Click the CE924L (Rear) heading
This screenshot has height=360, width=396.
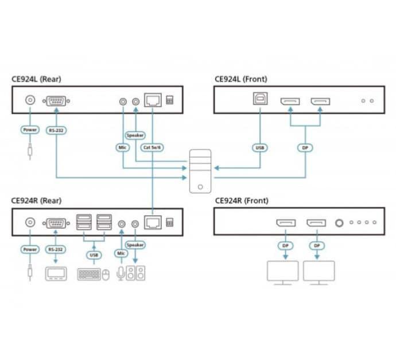tap(36, 79)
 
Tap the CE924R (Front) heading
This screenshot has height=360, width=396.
tap(242, 200)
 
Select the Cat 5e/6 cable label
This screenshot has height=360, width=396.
tap(152, 148)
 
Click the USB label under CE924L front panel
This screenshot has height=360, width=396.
tap(259, 148)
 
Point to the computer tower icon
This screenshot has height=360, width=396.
tap(200, 171)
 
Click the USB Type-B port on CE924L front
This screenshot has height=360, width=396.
tap(260, 98)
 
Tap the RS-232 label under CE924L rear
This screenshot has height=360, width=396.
tap(56, 130)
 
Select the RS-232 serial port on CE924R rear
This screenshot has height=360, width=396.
tap(56, 223)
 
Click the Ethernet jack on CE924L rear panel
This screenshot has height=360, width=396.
tap(153, 100)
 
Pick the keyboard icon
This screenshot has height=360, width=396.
tap(89, 274)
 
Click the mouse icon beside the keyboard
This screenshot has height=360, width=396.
tap(106, 274)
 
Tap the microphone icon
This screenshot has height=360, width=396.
tap(121, 273)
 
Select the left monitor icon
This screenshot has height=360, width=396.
tap(282, 273)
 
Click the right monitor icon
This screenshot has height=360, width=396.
tap(319, 273)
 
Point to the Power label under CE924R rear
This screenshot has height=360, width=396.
tap(30, 250)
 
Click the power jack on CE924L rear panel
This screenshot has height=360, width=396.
tap(30, 100)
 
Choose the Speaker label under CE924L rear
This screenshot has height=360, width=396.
tap(135, 136)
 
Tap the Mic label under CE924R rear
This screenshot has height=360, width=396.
tap(121, 253)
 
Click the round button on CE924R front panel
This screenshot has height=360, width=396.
tap(339, 223)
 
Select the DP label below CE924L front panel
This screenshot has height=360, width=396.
tap(305, 148)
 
